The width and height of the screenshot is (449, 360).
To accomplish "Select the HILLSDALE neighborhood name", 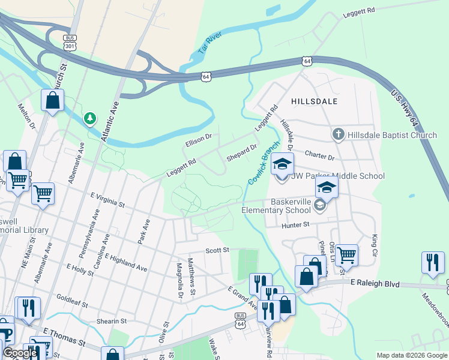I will [x=314, y=101].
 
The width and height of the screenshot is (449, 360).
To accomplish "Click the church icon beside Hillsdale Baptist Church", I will [x=339, y=135].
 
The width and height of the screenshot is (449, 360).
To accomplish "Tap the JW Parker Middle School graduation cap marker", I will [x=282, y=164].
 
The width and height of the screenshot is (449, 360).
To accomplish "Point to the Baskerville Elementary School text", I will [x=285, y=206].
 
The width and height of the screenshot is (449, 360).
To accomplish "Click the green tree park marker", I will [x=90, y=118].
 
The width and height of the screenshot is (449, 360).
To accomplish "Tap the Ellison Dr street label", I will [x=199, y=140].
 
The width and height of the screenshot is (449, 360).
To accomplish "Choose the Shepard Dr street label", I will [x=241, y=152].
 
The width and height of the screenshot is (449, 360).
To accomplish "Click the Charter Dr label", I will [x=319, y=157].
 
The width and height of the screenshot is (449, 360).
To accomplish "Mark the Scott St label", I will [x=217, y=250].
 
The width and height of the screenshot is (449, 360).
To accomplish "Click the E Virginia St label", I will [x=107, y=200].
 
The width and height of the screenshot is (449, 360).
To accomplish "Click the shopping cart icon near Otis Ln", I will [x=346, y=255].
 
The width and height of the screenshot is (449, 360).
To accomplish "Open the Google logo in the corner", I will [x=20, y=353].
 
